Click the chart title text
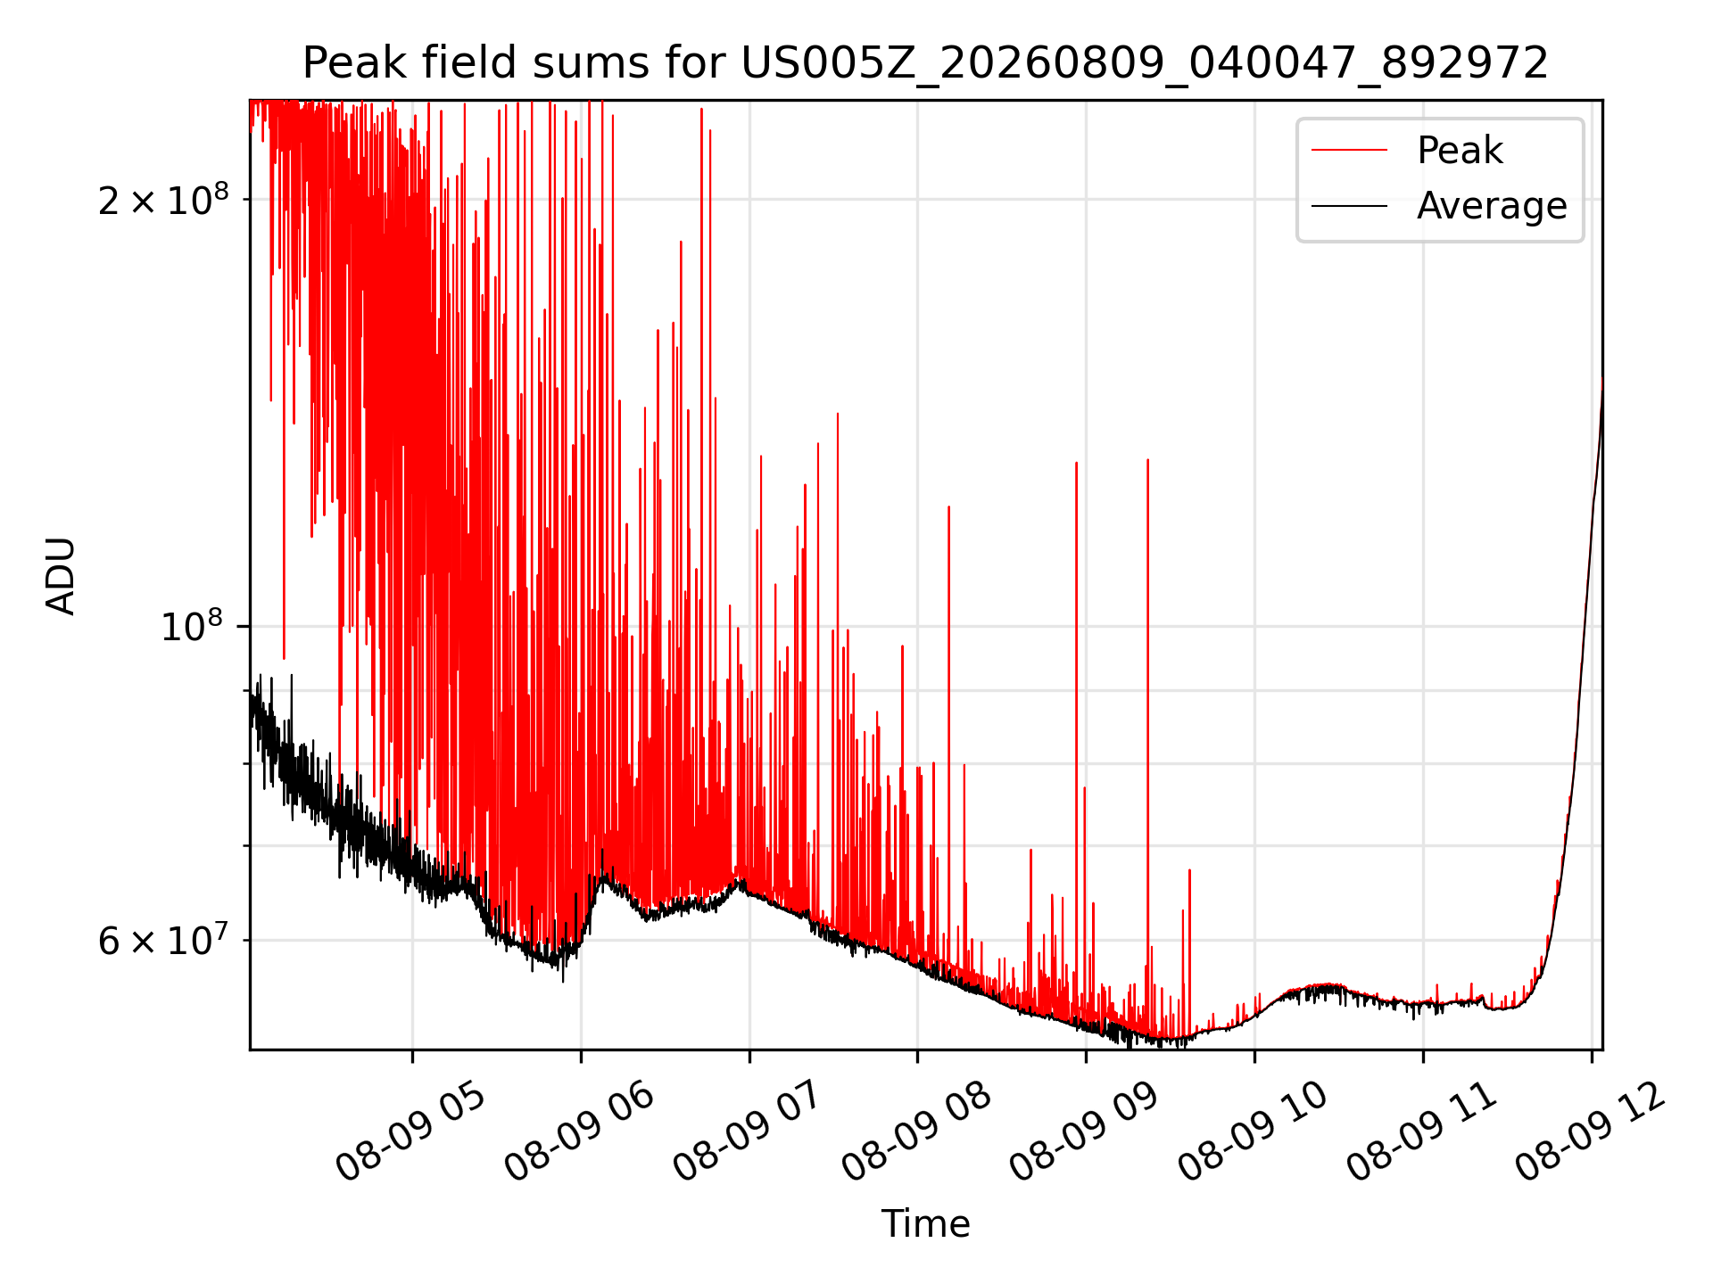(x=925, y=63)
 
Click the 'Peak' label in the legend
(x=1460, y=151)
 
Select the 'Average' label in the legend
(x=1492, y=206)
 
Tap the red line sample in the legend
(x=1349, y=151)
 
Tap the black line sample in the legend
(x=1349, y=206)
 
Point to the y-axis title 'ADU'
(x=61, y=575)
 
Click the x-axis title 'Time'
(x=925, y=1223)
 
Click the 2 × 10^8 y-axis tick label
(x=163, y=201)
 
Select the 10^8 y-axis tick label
(x=194, y=627)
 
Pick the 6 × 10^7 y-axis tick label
(x=163, y=941)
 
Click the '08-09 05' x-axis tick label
(x=410, y=1132)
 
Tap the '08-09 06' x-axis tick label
(x=579, y=1132)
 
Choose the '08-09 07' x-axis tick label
(x=748, y=1132)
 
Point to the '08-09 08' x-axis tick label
(x=916, y=1132)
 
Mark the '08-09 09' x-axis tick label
(x=1085, y=1132)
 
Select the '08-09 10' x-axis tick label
(x=1254, y=1132)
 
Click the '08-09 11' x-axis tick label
(x=1422, y=1132)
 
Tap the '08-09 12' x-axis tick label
(x=1591, y=1132)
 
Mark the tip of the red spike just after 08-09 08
(x=948, y=506)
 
